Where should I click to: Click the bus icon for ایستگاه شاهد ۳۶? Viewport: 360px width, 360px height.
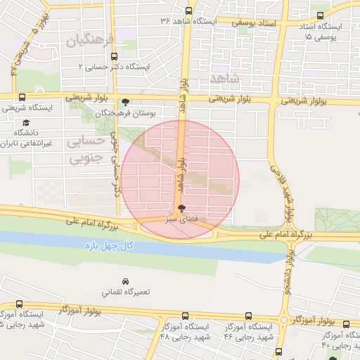(188, 11)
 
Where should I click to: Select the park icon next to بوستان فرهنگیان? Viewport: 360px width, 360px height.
(126, 102)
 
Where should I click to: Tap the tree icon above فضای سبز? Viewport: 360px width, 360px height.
(182, 209)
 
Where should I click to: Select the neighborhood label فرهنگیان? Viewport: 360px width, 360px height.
(89, 41)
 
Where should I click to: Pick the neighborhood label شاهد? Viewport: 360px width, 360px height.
(224, 77)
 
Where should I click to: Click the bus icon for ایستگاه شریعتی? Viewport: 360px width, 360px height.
(22, 98)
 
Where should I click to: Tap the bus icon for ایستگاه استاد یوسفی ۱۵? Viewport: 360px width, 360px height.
(321, 16)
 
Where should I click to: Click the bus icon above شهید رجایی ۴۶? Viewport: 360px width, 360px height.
(247, 316)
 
